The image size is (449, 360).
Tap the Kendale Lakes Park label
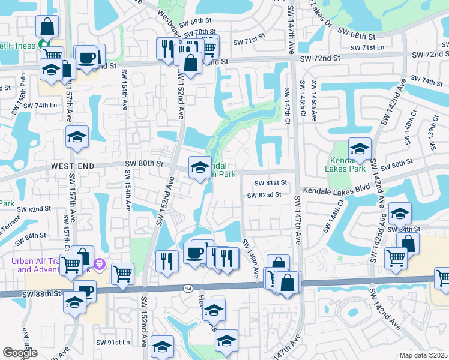pyautogui.click(x=348, y=165)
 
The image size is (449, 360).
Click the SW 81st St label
pyautogui.click(x=271, y=183)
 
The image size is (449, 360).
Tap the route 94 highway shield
pyautogui.click(x=187, y=289)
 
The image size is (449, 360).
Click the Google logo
pyautogui.click(x=20, y=353)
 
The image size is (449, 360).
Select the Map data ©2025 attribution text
pyautogui.click(x=423, y=354)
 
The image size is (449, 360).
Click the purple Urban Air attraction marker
pyautogui.click(x=100, y=263)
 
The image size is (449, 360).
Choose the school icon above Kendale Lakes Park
pyautogui.click(x=360, y=149)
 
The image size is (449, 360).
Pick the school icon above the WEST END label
pyautogui.click(x=77, y=137)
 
